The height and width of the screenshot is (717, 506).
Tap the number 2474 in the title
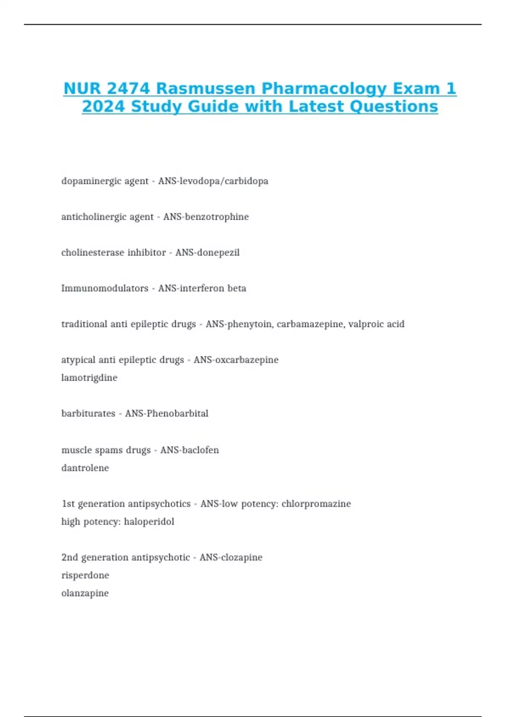click(128, 89)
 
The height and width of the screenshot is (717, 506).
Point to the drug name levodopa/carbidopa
click(224, 181)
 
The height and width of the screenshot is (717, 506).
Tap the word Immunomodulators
click(105, 288)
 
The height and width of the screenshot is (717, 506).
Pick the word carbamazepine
click(310, 324)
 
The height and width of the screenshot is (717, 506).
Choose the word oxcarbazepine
click(247, 360)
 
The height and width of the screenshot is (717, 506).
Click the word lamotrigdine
click(89, 377)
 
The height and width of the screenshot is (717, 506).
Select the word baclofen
click(200, 450)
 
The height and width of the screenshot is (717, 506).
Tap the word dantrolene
click(85, 468)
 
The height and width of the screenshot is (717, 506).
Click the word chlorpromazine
click(316, 504)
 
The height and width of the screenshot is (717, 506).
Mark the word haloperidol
click(149, 522)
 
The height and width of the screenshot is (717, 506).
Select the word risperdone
click(85, 575)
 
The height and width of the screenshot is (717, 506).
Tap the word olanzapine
click(85, 593)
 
